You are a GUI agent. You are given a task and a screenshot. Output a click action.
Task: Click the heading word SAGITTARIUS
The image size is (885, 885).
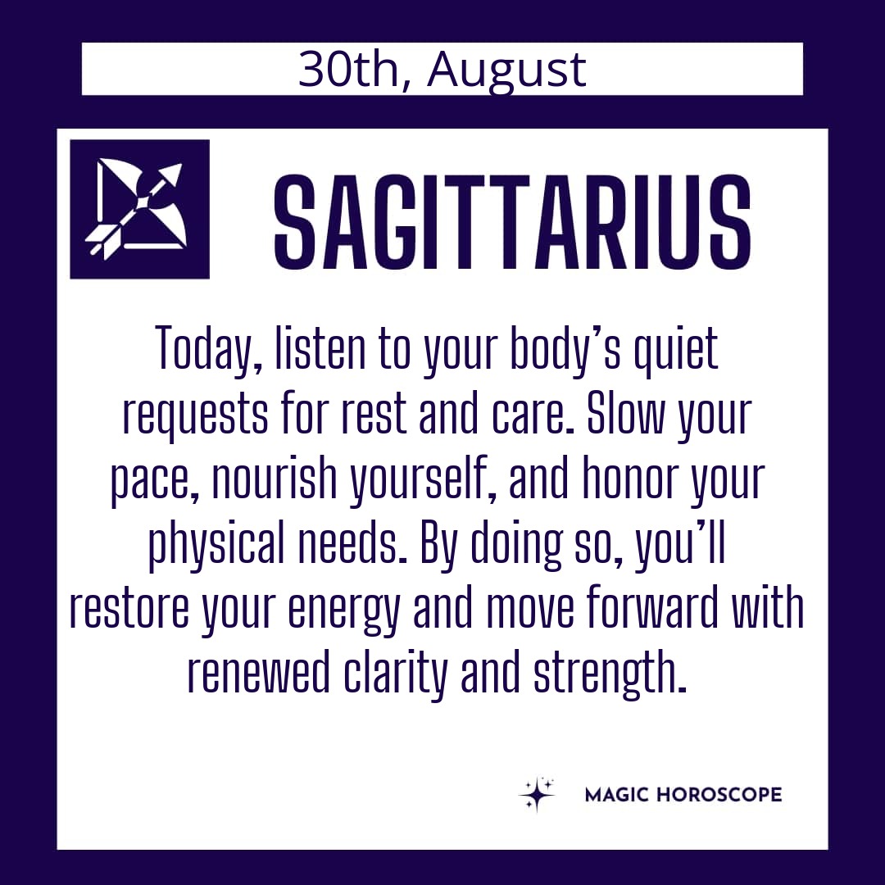click(512, 222)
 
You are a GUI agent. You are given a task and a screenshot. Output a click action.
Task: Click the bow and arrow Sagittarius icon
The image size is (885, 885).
click(139, 209)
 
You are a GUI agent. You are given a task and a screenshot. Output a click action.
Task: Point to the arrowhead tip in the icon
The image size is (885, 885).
click(182, 164)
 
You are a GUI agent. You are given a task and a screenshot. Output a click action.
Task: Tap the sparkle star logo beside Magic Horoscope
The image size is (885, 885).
click(537, 794)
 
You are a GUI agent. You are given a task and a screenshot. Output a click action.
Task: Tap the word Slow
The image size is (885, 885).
click(626, 413)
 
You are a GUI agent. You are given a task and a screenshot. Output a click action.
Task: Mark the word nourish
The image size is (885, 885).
click(275, 479)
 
